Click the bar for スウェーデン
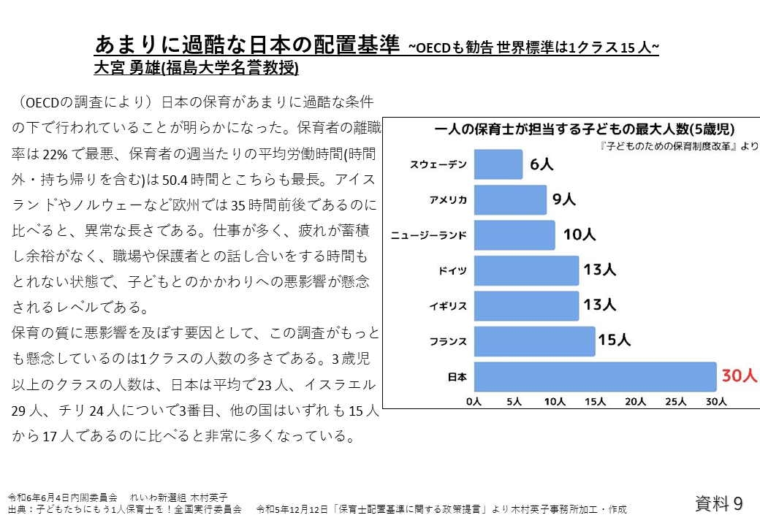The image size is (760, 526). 498,164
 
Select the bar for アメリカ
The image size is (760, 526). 510,199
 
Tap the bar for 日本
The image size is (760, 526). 595,377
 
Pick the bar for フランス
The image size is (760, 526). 534,341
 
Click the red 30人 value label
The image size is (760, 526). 740,376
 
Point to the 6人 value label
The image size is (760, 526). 541,164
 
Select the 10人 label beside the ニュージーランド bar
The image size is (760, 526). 579,235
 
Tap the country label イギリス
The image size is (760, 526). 448,306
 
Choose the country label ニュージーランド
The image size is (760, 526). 429,235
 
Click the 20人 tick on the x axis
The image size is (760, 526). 636,401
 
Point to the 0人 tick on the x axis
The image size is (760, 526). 474,401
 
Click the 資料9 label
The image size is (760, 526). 719,503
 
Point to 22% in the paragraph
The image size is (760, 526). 56,154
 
